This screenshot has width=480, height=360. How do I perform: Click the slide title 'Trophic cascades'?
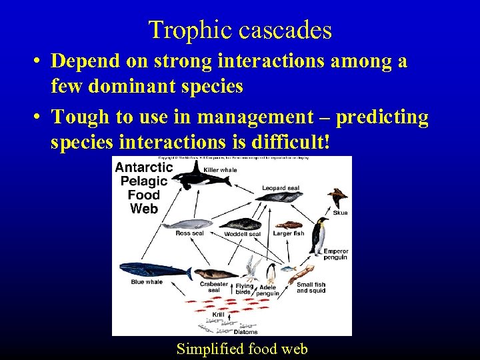click(x=240, y=30)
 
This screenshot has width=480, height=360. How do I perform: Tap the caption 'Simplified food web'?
click(x=241, y=348)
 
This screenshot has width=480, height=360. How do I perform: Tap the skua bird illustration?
click(x=337, y=198)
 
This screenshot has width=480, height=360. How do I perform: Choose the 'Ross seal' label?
click(x=189, y=233)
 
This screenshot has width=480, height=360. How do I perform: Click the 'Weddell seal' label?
click(x=242, y=234)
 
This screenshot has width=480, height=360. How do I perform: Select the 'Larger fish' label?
click(x=288, y=233)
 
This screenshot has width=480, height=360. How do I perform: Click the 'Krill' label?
click(x=218, y=314)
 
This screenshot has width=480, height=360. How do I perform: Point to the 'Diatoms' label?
click(x=245, y=331)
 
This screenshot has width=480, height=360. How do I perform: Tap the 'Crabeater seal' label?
click(x=214, y=287)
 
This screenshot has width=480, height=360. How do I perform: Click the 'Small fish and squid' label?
click(x=311, y=287)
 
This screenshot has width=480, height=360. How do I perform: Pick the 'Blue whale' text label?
click(x=147, y=282)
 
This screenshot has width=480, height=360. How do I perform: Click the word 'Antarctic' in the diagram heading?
click(x=144, y=167)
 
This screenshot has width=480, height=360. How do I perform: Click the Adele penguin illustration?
click(x=271, y=273)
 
